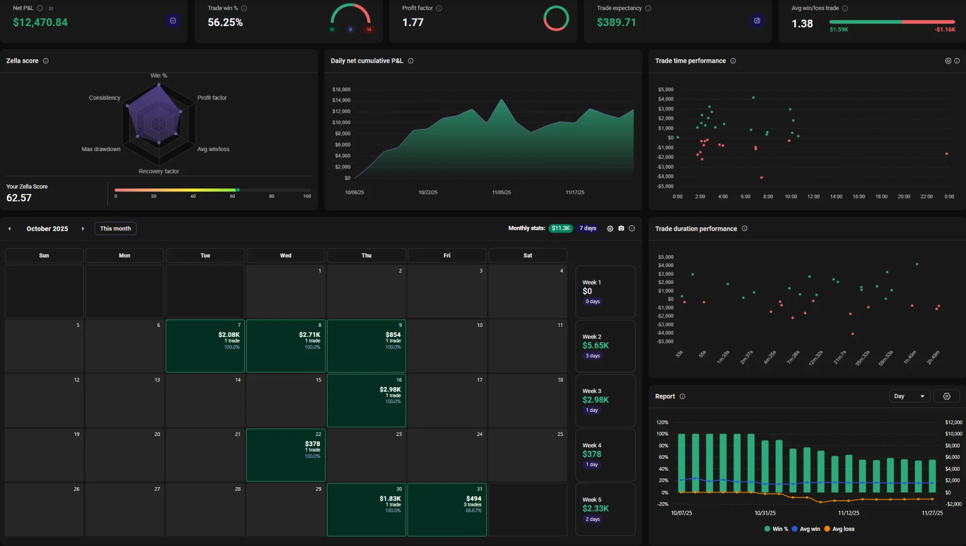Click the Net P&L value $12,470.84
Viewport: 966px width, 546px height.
click(40, 23)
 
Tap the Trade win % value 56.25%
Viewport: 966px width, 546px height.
click(225, 23)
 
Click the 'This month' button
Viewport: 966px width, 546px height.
click(115, 228)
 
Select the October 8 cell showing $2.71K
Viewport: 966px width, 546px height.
click(285, 346)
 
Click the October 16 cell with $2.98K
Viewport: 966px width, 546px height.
click(366, 400)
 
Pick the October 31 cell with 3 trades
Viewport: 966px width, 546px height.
click(447, 509)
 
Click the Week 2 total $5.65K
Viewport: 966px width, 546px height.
click(596, 346)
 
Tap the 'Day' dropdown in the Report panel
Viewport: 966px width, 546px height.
click(909, 396)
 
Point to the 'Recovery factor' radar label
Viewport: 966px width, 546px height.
click(158, 171)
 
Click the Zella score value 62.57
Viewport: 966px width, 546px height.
click(19, 198)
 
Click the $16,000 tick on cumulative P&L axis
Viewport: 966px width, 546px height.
click(341, 90)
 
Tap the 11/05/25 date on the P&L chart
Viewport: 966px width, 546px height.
click(501, 193)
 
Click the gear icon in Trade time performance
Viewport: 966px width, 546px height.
click(948, 61)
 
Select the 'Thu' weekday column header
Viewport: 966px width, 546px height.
click(366, 255)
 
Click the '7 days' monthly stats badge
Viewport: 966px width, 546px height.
click(588, 228)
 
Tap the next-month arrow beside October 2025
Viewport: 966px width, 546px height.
click(83, 229)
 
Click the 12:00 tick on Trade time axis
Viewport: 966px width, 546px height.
click(813, 197)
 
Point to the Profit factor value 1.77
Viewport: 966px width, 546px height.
click(412, 23)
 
